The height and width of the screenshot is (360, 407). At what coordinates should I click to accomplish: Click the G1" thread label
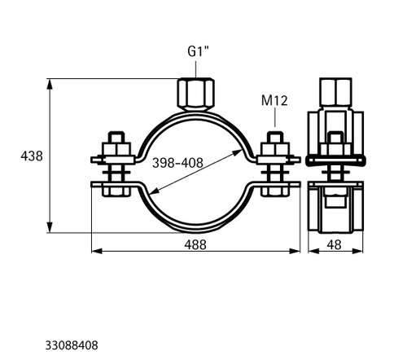point(199,51)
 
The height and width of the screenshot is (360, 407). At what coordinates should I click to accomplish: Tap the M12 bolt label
point(274,100)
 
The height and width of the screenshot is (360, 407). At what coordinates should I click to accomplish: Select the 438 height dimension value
point(32,156)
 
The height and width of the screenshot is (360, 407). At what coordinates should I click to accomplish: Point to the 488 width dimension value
point(195,244)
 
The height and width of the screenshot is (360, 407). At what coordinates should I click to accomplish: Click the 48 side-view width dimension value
point(334,244)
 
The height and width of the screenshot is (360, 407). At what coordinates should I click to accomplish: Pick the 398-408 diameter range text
point(177,163)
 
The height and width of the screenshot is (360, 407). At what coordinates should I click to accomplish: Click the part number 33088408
point(72,345)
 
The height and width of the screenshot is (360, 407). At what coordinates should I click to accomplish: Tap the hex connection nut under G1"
point(195,94)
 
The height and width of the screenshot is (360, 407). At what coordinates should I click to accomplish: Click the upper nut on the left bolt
point(116,150)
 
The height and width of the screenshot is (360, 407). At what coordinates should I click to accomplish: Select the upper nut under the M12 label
point(274,150)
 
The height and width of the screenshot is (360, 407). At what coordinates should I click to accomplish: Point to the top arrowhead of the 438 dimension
point(50,84)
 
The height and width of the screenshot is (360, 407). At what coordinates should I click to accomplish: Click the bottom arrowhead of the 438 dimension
point(50,227)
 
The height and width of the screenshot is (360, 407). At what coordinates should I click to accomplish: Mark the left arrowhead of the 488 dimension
point(97,251)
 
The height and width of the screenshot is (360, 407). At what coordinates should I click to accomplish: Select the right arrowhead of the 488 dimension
point(295,251)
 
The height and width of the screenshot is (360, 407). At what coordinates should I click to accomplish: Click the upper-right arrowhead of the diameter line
point(237,152)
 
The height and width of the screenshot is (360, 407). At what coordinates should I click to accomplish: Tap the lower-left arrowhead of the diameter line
point(154,191)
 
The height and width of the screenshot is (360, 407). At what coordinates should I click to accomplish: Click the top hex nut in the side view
point(335,92)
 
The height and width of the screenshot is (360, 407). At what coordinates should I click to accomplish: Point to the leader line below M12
point(274,117)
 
